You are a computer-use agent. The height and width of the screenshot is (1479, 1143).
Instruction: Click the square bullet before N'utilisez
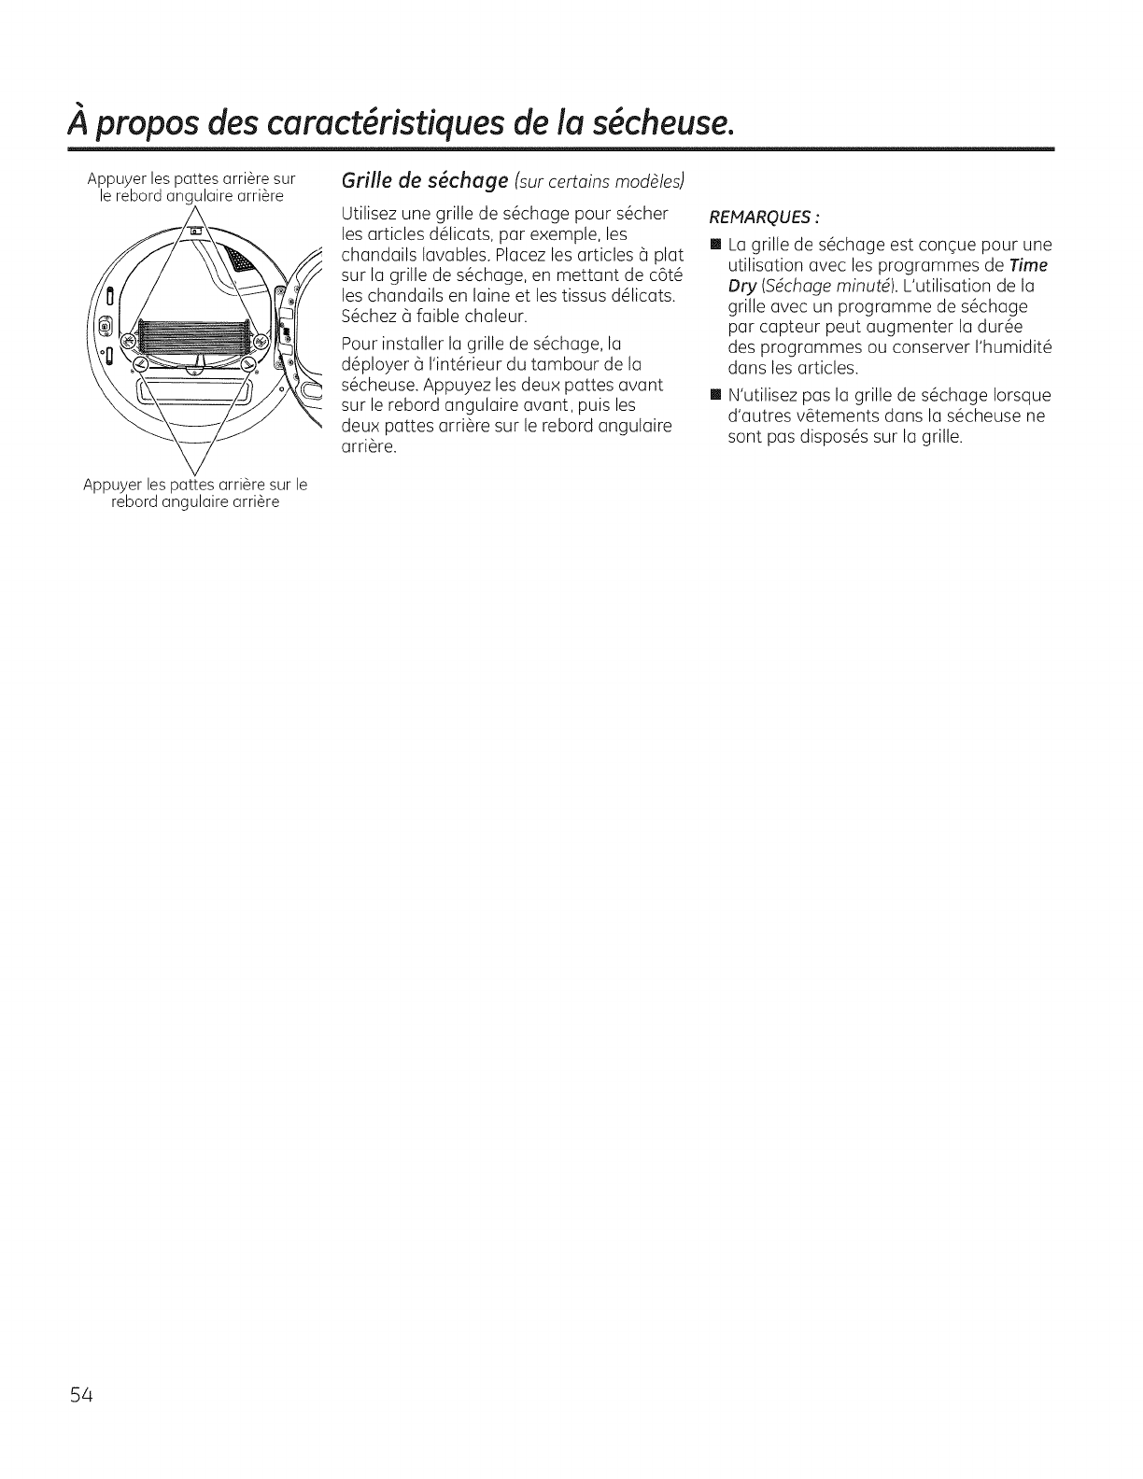715,396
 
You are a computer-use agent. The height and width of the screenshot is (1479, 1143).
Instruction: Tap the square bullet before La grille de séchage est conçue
715,246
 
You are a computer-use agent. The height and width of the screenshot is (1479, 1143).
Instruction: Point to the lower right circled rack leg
250,364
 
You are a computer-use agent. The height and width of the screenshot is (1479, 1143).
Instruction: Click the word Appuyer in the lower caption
110,485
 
